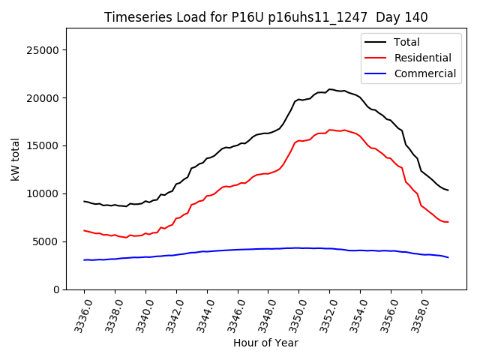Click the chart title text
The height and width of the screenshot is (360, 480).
tap(265, 17)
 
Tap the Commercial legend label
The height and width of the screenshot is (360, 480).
tap(424, 73)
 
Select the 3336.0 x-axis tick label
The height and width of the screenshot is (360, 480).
tap(79, 315)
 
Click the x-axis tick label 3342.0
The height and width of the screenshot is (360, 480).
tap(171, 315)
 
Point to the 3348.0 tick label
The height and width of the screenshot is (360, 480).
tap(262, 315)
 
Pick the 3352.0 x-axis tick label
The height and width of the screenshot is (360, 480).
tap(324, 315)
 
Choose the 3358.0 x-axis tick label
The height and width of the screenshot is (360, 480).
tap(415, 315)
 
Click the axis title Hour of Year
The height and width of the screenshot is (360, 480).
tap(265, 343)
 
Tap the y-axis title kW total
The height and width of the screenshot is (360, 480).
tap(16, 160)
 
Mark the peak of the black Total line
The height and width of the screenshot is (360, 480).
tap(330, 89)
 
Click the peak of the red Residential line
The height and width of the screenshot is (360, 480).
tap(330, 130)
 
